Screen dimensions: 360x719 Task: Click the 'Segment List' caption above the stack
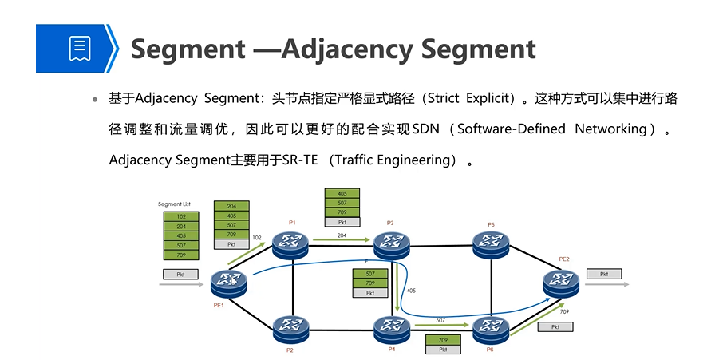click(175, 205)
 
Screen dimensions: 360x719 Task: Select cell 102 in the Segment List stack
click(181, 216)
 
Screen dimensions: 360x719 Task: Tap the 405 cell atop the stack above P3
click(342, 193)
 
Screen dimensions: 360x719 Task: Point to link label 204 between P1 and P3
click(342, 235)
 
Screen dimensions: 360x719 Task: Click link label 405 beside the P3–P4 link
click(411, 291)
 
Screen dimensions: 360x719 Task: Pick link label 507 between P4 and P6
click(440, 320)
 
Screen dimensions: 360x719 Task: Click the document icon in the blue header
click(79, 48)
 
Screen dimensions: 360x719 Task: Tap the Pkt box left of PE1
click(181, 274)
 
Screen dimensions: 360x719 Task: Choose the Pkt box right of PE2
click(604, 274)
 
